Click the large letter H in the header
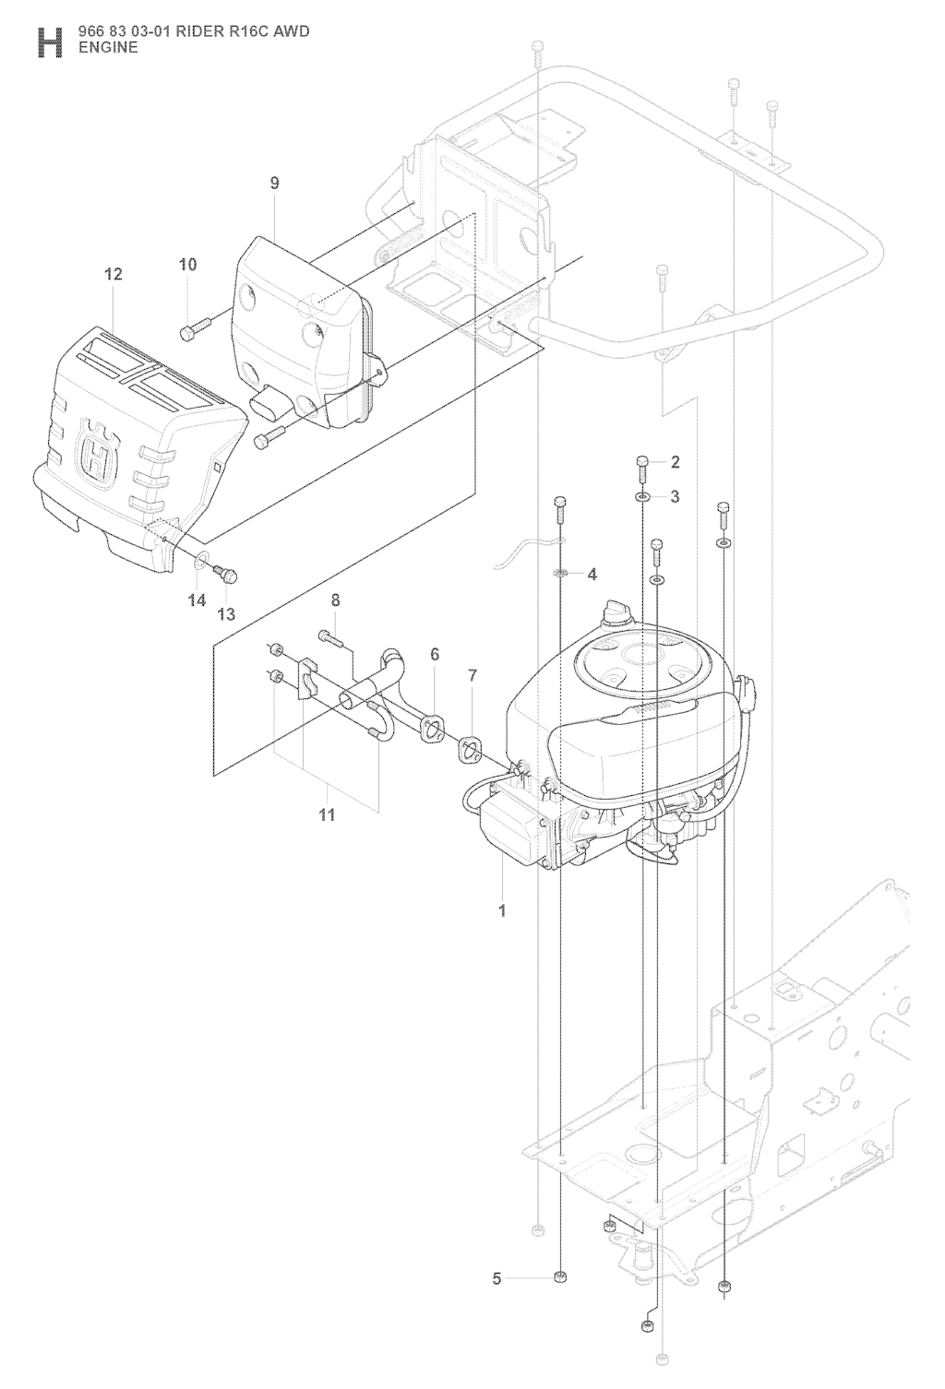tap(50, 42)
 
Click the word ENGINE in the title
tap(108, 48)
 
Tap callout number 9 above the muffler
tap(274, 183)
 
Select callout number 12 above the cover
tap(114, 274)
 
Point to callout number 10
tap(187, 265)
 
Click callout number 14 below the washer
tap(197, 600)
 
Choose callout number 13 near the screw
tap(227, 614)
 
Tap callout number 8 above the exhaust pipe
tap(336, 600)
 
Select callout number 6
tap(435, 654)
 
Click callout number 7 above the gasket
tap(472, 675)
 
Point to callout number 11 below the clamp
tap(327, 814)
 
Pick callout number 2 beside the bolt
tap(676, 461)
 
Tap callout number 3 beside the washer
tap(676, 497)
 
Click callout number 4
tap(592, 575)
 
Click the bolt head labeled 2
tap(643, 461)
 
